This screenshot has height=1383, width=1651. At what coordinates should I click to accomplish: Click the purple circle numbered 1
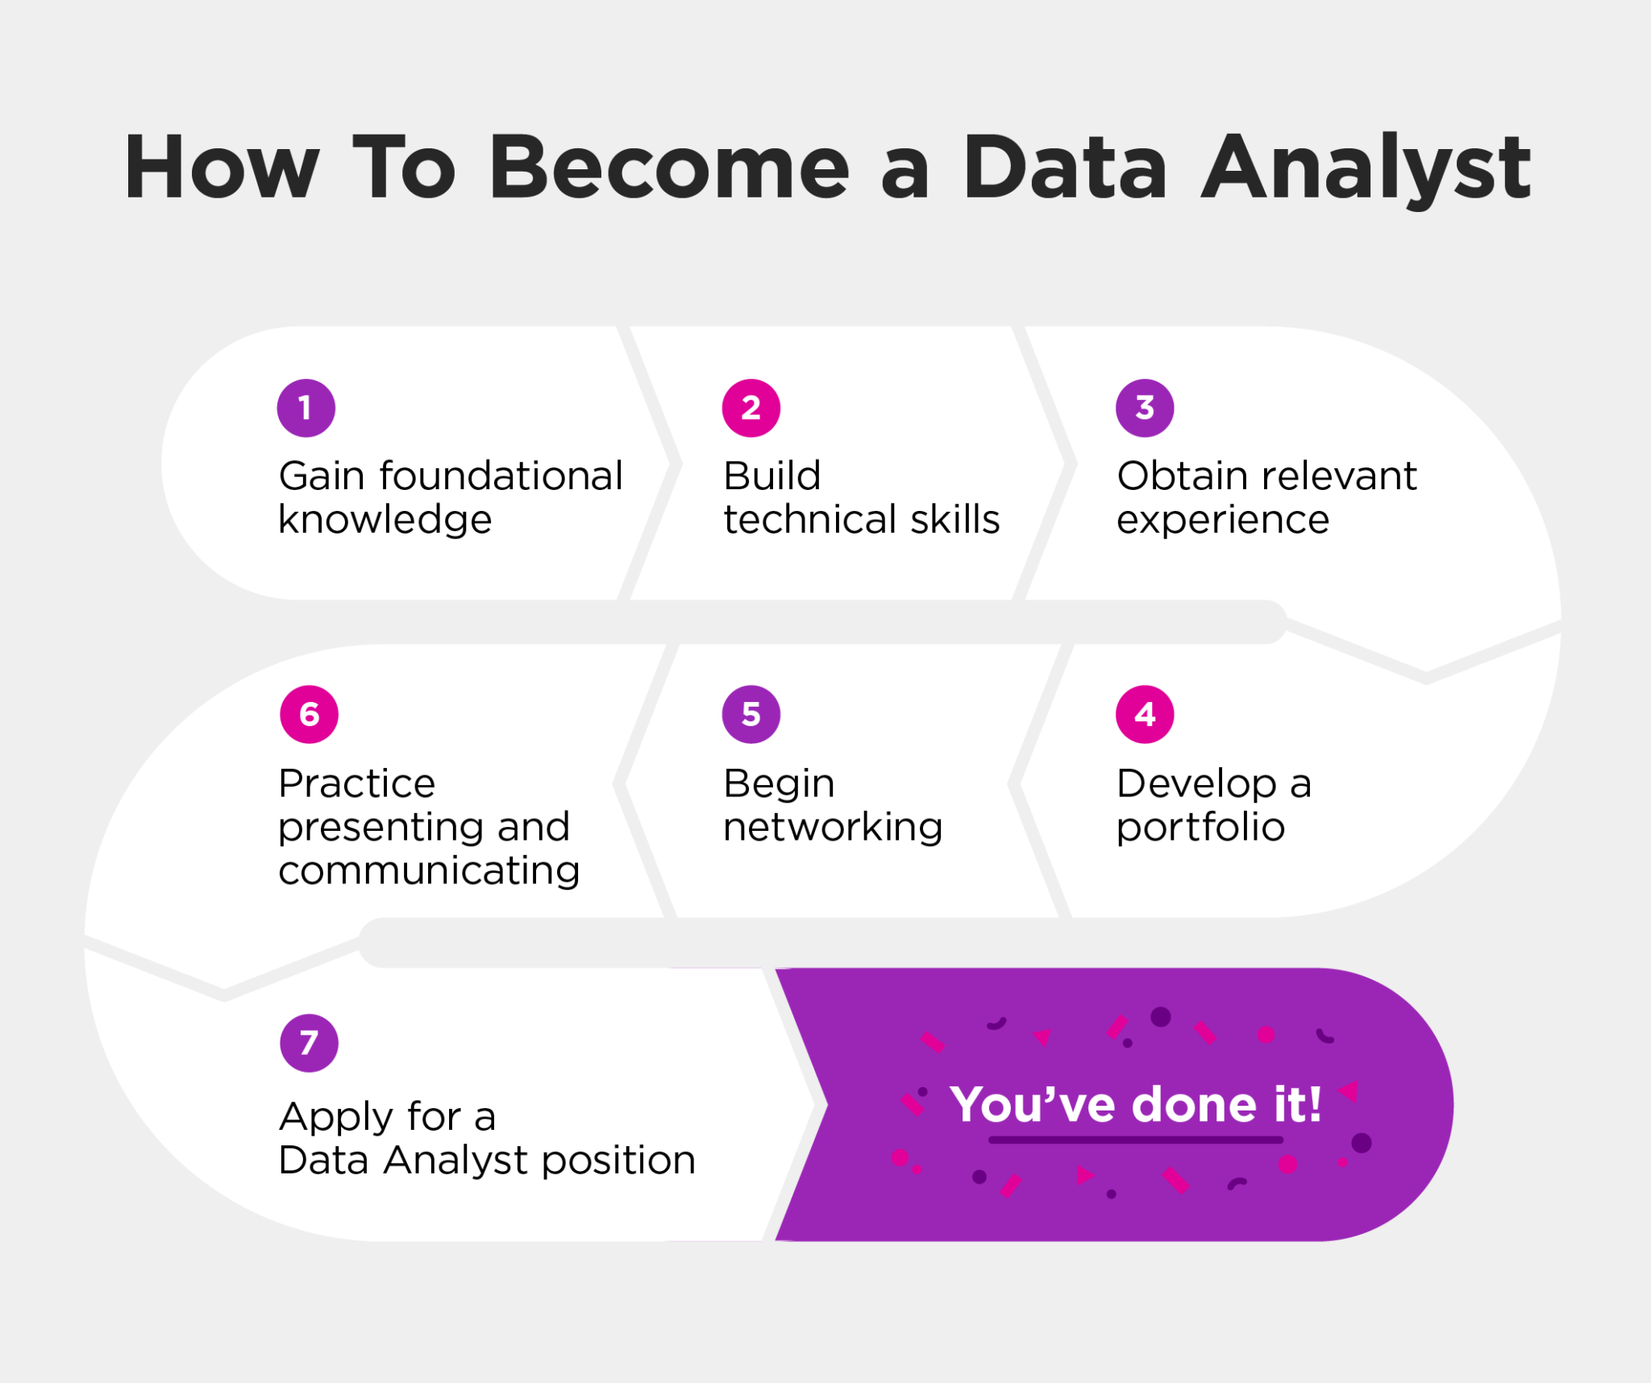[x=306, y=408]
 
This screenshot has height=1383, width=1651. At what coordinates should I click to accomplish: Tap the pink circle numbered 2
[x=751, y=408]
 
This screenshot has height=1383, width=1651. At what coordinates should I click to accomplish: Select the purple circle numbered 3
[x=1144, y=408]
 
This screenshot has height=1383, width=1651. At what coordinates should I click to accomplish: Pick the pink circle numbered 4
[x=1144, y=714]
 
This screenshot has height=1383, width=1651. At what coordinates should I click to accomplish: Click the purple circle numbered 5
[x=751, y=714]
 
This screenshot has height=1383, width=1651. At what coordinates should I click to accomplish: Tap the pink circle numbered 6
[x=309, y=714]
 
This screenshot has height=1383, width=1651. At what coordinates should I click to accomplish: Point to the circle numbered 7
[x=309, y=1043]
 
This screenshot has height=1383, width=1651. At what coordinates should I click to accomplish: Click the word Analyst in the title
[x=1366, y=168]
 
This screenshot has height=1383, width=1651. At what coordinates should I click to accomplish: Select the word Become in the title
[x=669, y=168]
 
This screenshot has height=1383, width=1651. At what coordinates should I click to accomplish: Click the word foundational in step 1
[x=501, y=476]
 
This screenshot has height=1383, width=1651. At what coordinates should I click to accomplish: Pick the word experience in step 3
[x=1222, y=521]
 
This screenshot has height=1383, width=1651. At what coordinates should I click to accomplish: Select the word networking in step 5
[x=833, y=828]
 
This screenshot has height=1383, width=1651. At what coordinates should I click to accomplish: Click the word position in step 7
[x=618, y=1161]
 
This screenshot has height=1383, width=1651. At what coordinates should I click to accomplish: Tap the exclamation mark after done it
[x=1315, y=1104]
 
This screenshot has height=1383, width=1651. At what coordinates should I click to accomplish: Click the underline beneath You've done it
[x=1135, y=1140]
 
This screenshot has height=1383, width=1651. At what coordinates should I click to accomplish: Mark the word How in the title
[x=222, y=168]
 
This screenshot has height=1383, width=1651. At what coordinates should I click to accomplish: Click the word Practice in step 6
[x=356, y=783]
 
